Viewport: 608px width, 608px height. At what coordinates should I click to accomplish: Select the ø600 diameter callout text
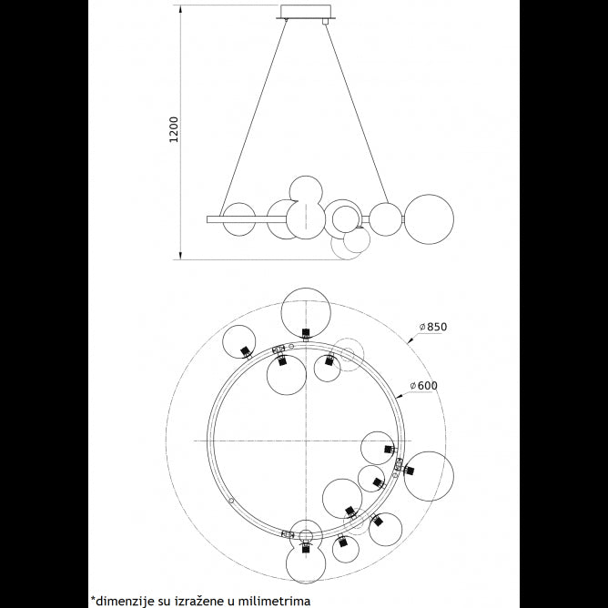click(426, 386)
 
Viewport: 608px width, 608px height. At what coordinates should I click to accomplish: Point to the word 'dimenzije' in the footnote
click(126, 600)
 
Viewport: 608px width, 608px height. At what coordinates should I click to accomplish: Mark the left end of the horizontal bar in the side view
click(209, 218)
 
